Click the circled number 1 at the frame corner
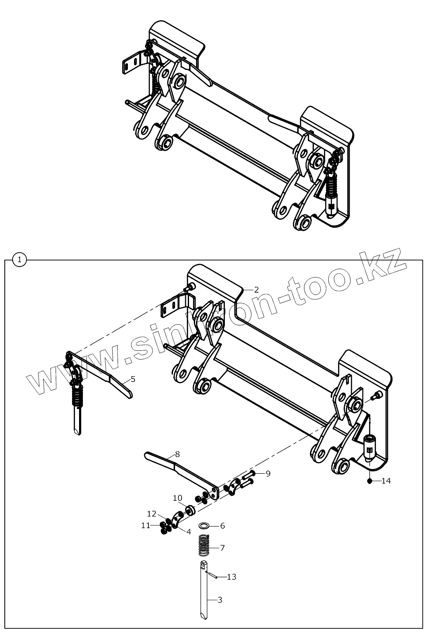(20, 260)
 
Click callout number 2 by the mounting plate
(256, 289)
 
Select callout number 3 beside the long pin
(220, 600)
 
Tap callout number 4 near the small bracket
(189, 532)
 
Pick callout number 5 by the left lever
(133, 379)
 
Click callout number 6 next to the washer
(222, 526)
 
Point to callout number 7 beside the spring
(222, 547)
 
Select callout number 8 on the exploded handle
(177, 454)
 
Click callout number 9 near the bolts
(268, 473)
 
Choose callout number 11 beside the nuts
(145, 525)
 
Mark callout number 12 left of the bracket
(152, 513)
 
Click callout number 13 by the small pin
(231, 577)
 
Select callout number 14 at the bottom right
(386, 481)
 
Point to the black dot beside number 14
(369, 481)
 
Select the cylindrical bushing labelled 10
(190, 510)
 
